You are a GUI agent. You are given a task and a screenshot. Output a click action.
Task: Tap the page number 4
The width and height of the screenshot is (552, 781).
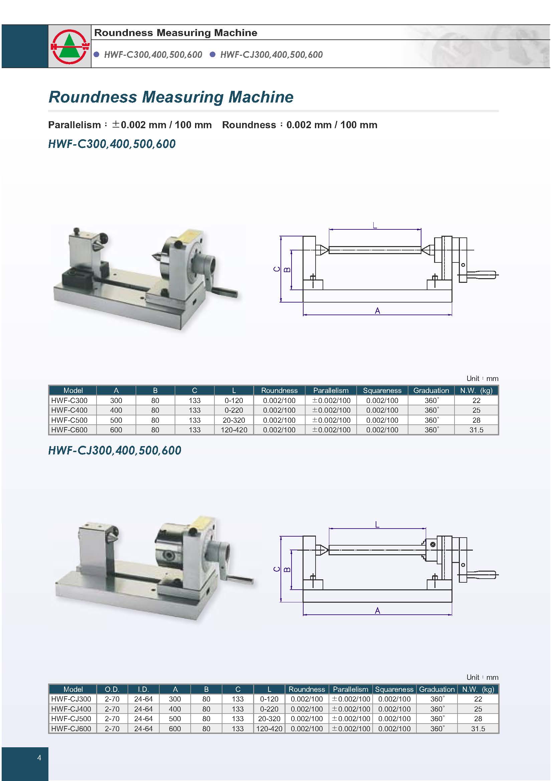(39, 758)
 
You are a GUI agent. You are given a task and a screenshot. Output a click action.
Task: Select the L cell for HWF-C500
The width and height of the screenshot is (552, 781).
(234, 420)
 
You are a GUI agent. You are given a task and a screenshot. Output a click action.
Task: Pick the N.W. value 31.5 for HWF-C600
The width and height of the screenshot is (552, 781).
(476, 430)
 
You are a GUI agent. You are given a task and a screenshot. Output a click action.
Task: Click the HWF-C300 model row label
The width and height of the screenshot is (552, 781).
(69, 400)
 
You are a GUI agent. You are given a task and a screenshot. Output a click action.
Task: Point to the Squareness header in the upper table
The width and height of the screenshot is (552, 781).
(382, 391)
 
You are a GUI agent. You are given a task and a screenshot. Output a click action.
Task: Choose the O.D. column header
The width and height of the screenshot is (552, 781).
(112, 689)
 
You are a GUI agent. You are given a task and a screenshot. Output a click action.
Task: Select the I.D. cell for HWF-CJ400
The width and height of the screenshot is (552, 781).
(143, 709)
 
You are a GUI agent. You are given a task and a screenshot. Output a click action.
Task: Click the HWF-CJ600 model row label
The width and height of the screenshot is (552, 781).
(71, 729)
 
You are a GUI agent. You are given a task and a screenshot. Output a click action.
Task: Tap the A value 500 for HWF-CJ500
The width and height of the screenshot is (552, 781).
(175, 719)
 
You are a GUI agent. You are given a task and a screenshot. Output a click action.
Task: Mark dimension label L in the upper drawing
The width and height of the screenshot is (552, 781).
(375, 225)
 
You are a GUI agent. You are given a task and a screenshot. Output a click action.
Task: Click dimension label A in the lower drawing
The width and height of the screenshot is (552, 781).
(377, 611)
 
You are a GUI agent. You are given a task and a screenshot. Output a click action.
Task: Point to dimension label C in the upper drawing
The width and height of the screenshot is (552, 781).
(277, 269)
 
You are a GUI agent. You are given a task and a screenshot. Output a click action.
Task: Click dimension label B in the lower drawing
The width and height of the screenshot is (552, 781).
(287, 569)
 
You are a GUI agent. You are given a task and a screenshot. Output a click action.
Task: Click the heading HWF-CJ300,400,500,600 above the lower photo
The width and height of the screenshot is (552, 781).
(115, 450)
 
